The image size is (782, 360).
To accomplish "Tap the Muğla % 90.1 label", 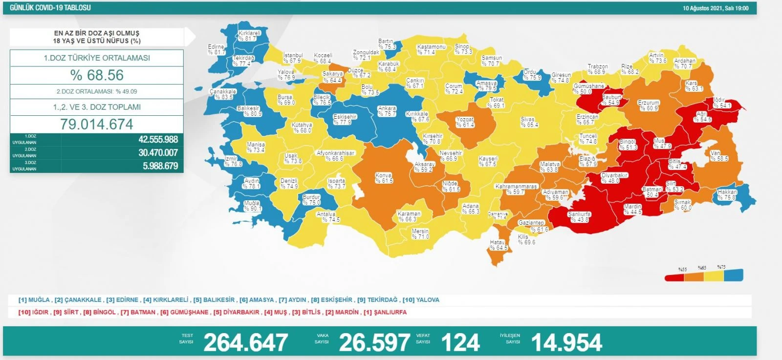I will [x=252, y=206].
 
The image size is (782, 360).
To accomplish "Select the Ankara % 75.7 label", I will [x=387, y=111].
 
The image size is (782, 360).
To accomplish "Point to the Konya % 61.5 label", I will [x=384, y=178].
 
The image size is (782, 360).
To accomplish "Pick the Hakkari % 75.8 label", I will [x=727, y=195].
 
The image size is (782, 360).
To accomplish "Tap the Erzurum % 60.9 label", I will [x=649, y=106].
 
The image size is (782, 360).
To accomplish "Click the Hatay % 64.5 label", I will [x=498, y=245].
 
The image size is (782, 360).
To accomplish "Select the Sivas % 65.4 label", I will [x=529, y=122].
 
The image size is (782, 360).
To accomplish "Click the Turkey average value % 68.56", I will [x=97, y=75].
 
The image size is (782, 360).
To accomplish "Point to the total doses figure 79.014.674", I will [x=97, y=124].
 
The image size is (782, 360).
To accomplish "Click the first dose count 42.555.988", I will [x=158, y=140].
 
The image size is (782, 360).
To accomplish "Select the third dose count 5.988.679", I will [x=160, y=166].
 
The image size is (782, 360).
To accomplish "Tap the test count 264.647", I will [x=245, y=342].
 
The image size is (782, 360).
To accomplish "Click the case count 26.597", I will [x=374, y=342].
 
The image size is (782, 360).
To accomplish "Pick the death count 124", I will [x=460, y=342].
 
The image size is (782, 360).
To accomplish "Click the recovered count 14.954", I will [x=566, y=342].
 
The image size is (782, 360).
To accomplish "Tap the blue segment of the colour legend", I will [x=733, y=275].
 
